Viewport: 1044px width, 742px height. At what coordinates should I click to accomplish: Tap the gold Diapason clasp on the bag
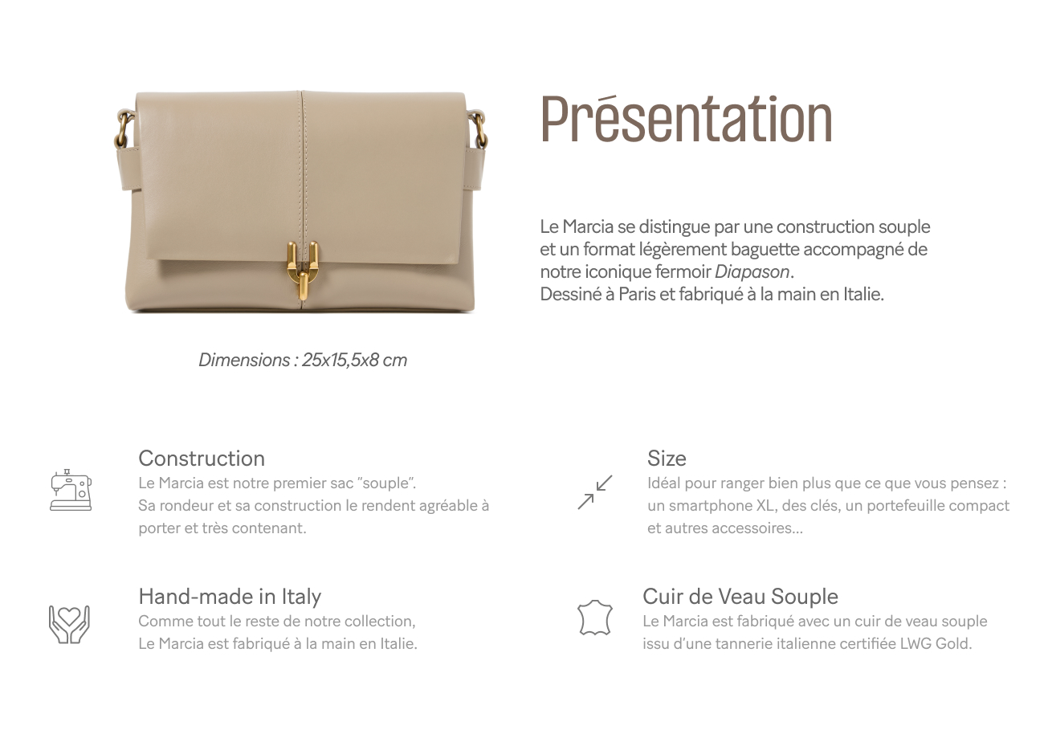tap(303, 271)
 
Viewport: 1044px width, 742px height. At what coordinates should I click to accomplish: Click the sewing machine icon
tap(71, 490)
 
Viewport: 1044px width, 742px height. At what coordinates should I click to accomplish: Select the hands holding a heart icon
tap(69, 625)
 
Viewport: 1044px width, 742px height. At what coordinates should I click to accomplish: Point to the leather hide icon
tap(595, 618)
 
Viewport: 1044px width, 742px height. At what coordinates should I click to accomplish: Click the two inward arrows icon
tap(595, 492)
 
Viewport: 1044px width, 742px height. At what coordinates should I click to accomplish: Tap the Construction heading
tap(202, 459)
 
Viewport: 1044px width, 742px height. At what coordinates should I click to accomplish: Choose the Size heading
tap(667, 459)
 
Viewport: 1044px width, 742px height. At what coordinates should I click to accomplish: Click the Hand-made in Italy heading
tap(230, 597)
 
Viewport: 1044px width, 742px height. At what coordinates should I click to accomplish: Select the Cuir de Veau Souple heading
tap(740, 597)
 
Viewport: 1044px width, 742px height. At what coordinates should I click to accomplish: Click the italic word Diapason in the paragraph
tap(752, 271)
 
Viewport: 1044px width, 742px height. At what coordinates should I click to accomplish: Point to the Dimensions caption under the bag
tap(303, 361)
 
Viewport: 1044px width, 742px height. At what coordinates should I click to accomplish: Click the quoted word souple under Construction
tap(386, 483)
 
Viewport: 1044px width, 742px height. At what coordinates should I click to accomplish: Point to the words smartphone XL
tap(711, 506)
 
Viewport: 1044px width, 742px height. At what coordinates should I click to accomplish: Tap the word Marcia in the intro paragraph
tap(587, 227)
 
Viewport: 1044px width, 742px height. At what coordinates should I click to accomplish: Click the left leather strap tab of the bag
tap(129, 169)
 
